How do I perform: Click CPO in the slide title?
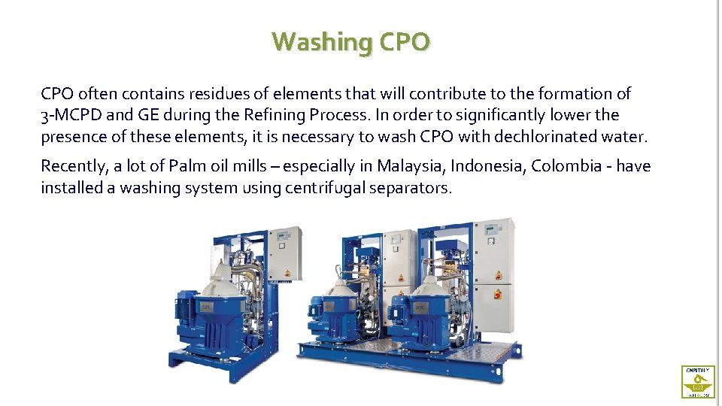click(x=405, y=41)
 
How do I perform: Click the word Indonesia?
click(x=487, y=166)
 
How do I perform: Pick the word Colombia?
click(x=565, y=166)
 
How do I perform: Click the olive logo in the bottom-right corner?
click(x=698, y=382)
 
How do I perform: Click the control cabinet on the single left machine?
click(x=286, y=256)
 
